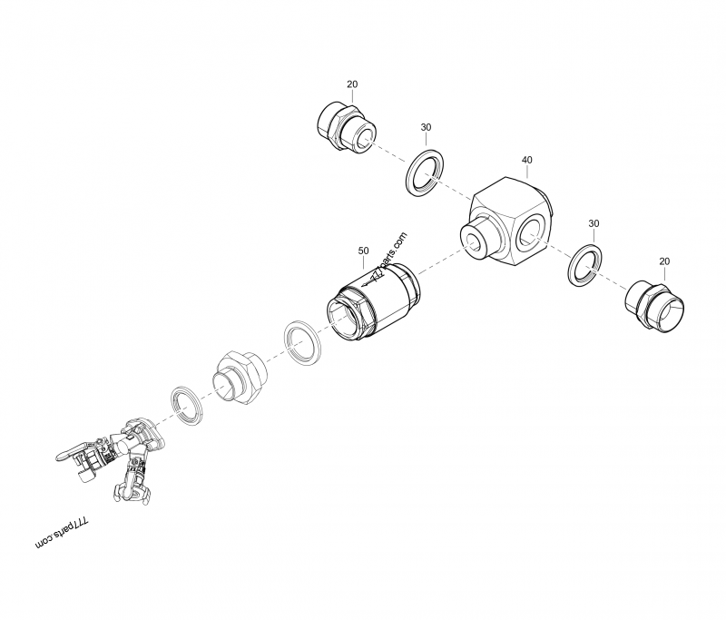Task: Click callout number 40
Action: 527,160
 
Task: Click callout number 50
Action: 364,251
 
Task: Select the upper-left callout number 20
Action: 352,84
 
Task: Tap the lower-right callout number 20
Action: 664,261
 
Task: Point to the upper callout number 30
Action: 426,127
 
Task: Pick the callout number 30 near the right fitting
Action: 594,223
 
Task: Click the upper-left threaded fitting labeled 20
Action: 347,127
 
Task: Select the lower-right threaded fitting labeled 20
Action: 654,306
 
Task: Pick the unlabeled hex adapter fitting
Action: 239,377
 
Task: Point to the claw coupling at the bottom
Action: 131,487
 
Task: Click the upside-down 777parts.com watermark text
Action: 62,534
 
